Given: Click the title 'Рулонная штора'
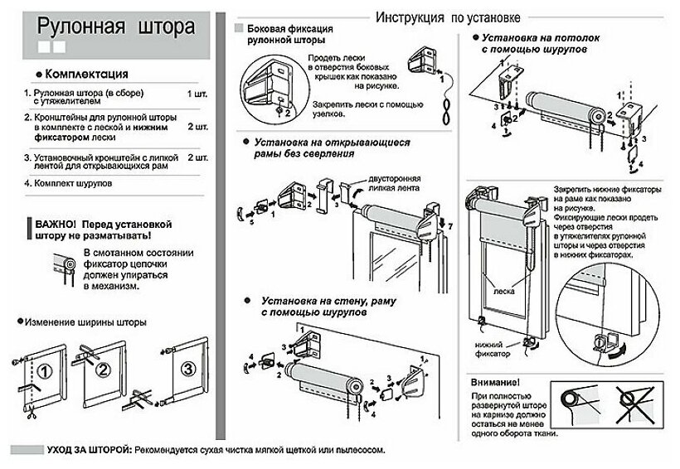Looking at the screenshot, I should click(x=109, y=29).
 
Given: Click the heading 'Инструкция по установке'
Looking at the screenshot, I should click(x=447, y=17).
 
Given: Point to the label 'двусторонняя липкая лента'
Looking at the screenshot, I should click(x=385, y=184).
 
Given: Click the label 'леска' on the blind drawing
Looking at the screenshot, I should click(x=500, y=292).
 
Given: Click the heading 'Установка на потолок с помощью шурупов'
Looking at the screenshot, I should click(x=534, y=44).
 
